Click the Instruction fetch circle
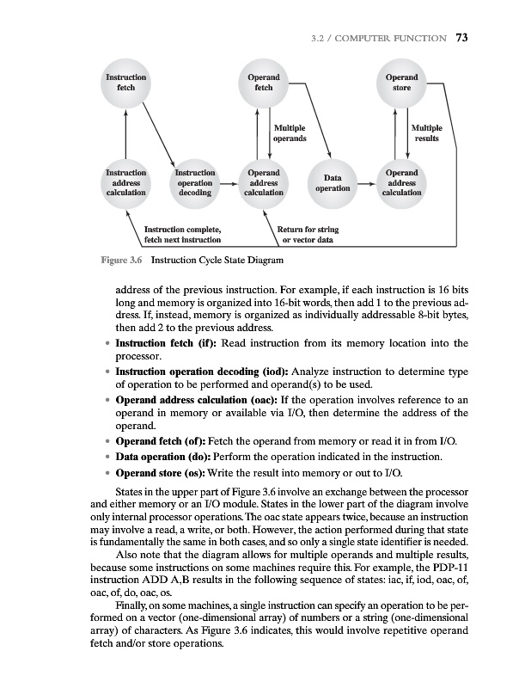tap(125, 83)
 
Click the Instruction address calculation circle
tap(125, 183)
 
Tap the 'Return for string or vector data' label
tap(308, 235)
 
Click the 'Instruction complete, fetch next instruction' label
tap(183, 235)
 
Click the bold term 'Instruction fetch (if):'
tap(173, 344)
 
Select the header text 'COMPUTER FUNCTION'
tap(401, 38)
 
